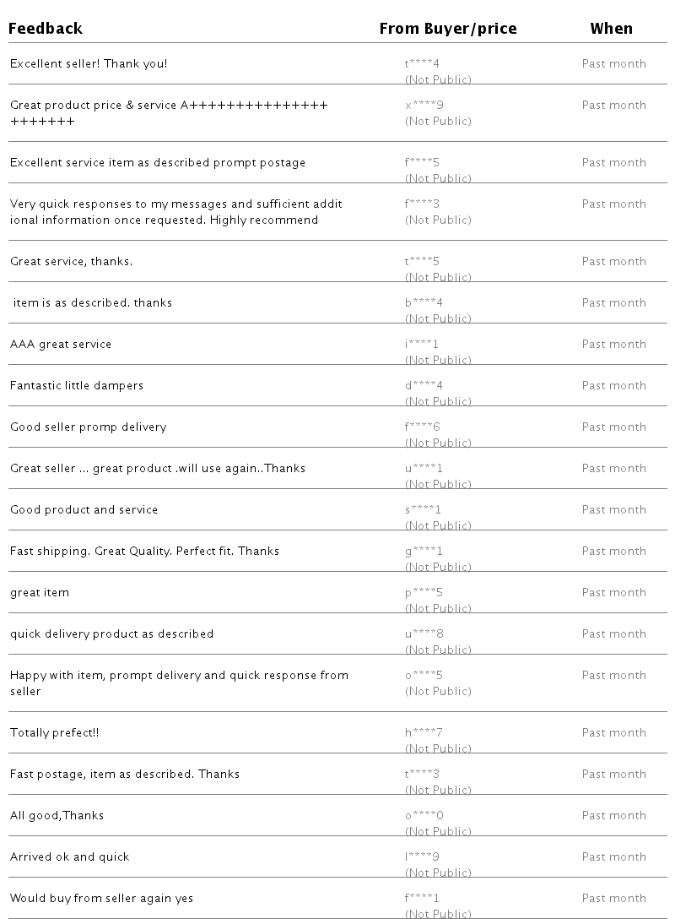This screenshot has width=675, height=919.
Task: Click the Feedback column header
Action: click(x=46, y=29)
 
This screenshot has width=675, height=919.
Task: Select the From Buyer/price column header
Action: click(x=448, y=29)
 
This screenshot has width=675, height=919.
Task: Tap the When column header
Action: click(x=611, y=29)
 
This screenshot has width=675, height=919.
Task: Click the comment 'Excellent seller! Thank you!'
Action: click(x=89, y=63)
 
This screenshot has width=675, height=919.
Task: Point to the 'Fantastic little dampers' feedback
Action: click(x=77, y=385)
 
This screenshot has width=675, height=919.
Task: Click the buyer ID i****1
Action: click(x=422, y=344)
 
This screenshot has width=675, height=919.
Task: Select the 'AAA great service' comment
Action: click(x=61, y=344)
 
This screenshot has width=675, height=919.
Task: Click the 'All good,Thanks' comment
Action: click(x=57, y=815)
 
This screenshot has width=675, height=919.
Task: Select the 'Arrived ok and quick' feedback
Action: click(x=70, y=856)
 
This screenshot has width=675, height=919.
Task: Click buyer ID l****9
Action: click(x=422, y=856)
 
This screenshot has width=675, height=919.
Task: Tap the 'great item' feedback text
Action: click(x=40, y=592)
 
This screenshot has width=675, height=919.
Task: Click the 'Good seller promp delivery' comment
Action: click(x=89, y=427)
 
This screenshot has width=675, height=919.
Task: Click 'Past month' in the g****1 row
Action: click(x=614, y=551)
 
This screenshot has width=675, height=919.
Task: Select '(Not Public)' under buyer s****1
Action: click(x=438, y=525)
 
